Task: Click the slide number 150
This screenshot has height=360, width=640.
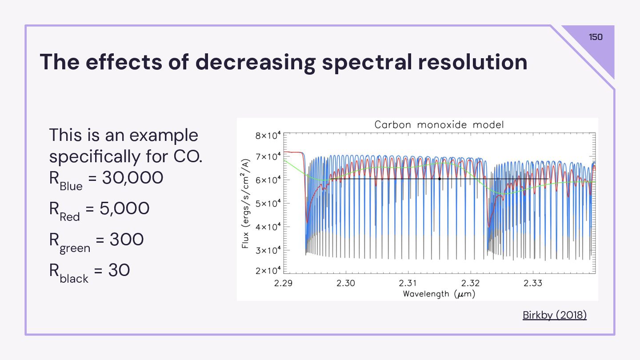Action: pyautogui.click(x=596, y=37)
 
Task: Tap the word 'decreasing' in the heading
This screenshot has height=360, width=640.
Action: pyautogui.click(x=255, y=62)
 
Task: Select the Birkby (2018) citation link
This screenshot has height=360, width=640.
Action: pyautogui.click(x=554, y=315)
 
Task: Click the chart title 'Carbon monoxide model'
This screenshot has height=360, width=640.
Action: pyautogui.click(x=439, y=125)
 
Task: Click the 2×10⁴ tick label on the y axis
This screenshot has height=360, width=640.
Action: pyautogui.click(x=268, y=271)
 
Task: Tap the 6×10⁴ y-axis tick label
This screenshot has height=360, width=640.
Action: pyautogui.click(x=268, y=180)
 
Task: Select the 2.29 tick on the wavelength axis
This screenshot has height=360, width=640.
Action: pyautogui.click(x=283, y=283)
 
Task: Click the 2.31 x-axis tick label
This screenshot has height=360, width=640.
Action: pyautogui.click(x=408, y=283)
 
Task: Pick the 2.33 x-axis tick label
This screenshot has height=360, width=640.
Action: pyautogui.click(x=532, y=283)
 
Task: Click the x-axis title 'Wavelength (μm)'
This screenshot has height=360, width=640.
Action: pyautogui.click(x=439, y=294)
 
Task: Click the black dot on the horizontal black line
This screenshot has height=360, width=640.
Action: pyautogui.click(x=439, y=179)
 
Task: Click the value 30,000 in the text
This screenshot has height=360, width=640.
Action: pyautogui.click(x=132, y=178)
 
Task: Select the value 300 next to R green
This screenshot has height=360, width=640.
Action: pyautogui.click(x=126, y=240)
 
